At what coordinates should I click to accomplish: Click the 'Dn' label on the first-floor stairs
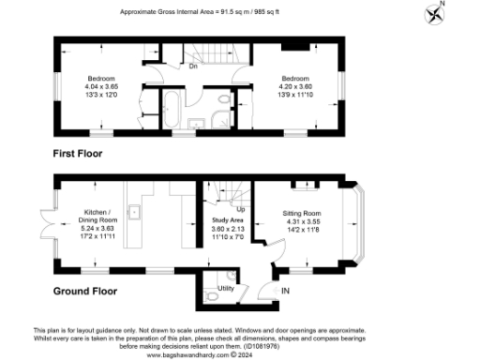point(193,67)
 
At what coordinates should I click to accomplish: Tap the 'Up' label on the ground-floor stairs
point(240,208)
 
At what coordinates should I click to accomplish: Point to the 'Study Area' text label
point(229,219)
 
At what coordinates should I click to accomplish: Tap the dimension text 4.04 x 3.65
point(101,85)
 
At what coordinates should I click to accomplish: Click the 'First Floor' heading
point(78,153)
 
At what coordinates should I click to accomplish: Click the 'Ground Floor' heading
point(84,292)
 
